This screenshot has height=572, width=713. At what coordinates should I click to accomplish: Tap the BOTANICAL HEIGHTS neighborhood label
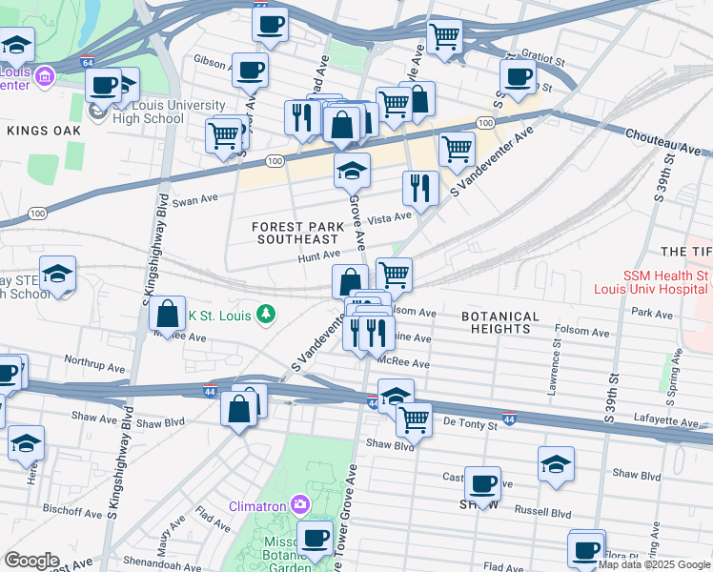click(500, 322)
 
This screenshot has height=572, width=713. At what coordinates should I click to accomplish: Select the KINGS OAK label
click(37, 129)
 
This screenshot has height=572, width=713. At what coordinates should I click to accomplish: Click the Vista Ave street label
click(389, 217)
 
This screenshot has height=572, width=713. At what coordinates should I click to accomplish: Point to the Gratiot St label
click(547, 58)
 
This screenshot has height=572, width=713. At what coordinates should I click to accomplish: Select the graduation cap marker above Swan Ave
click(352, 171)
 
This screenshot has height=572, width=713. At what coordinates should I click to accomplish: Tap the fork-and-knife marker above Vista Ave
click(419, 187)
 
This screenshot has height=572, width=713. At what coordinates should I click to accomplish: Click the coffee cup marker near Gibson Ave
click(250, 70)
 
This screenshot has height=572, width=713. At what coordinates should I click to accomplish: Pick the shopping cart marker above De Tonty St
click(414, 418)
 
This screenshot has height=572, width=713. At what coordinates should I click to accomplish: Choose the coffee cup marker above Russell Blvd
click(481, 483)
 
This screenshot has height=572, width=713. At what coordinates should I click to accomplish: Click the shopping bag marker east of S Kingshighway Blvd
click(168, 314)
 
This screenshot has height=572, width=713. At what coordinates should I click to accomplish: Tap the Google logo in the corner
click(31, 561)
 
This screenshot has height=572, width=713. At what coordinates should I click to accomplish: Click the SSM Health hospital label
click(665, 282)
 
